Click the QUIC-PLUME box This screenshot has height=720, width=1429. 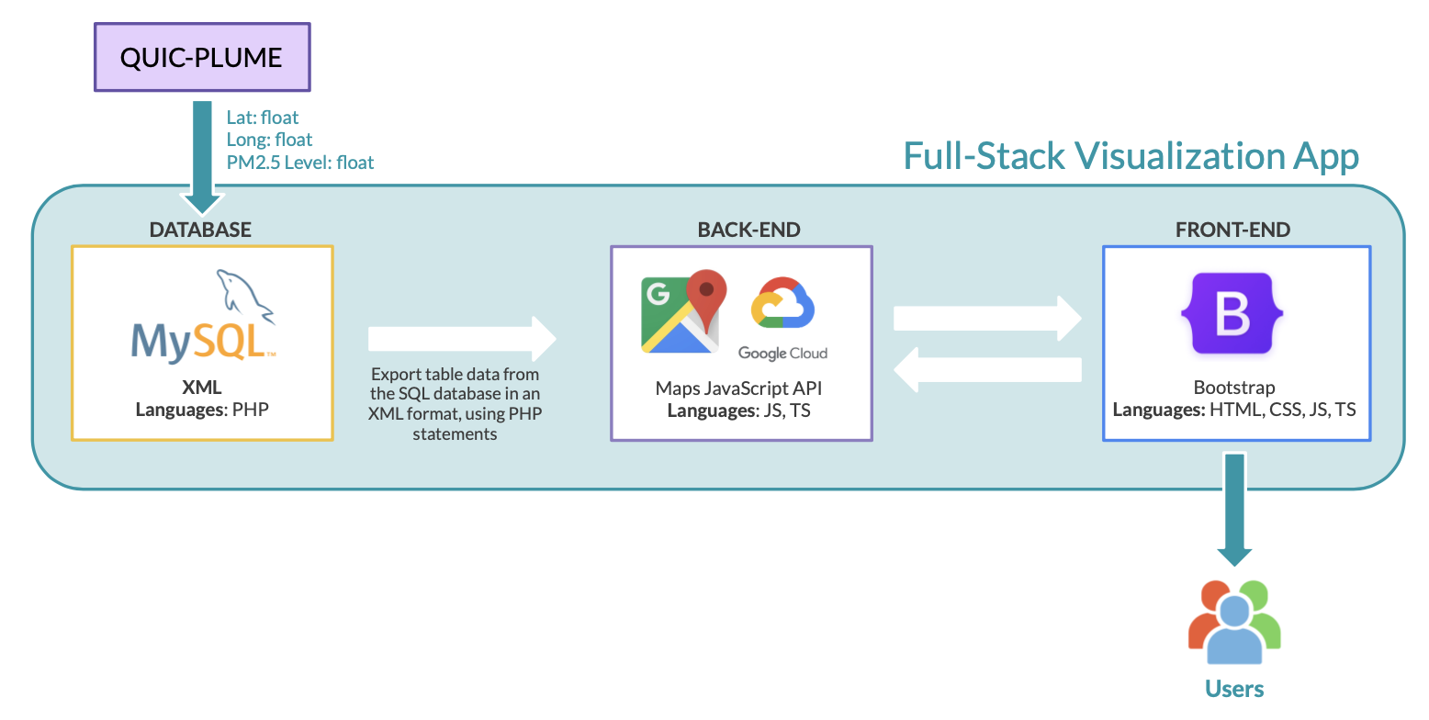click(202, 57)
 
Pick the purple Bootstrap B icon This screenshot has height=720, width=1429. click(1232, 313)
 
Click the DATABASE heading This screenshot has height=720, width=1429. click(200, 230)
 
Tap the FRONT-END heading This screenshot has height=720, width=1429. click(1232, 230)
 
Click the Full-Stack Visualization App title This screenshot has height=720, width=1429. click(1131, 156)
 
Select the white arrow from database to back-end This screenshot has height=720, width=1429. click(462, 339)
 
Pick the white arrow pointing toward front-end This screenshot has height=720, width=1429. click(987, 318)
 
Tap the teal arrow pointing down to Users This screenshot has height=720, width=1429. click(1233, 510)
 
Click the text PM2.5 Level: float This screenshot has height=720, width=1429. click(300, 163)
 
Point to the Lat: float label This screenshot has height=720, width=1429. click(263, 118)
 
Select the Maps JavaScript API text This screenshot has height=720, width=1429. click(740, 388)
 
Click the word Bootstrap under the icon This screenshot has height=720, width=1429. click(1233, 388)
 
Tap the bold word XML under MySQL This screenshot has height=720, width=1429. click(202, 388)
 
